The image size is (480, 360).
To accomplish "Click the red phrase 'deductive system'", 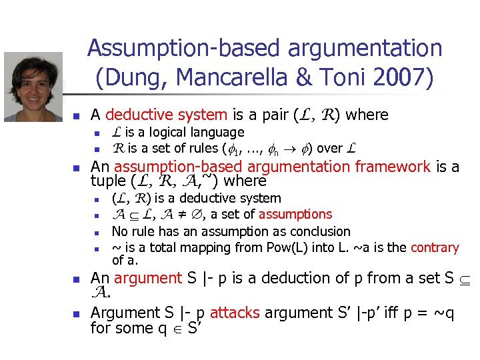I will (x=167, y=115).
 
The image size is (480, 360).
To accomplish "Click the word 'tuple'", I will (x=109, y=181).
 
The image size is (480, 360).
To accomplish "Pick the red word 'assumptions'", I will (x=295, y=214).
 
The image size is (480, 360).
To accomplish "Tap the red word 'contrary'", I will (x=435, y=248).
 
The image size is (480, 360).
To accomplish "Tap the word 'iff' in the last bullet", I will (x=367, y=313).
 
